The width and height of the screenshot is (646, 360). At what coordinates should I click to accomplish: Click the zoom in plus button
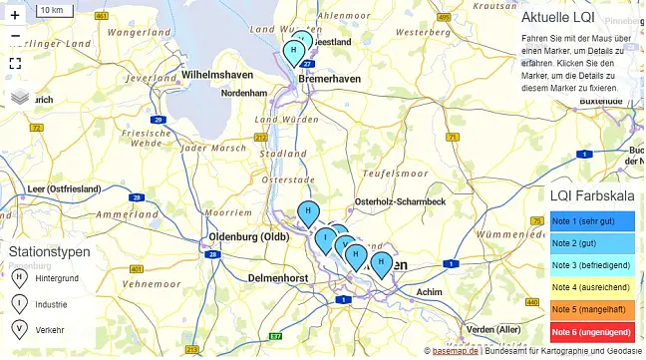[x=15, y=15]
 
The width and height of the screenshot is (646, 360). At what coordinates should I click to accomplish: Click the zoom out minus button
[x=15, y=37]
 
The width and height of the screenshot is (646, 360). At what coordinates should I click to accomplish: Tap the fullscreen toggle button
[x=15, y=63]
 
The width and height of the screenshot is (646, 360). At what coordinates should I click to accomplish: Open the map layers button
[x=20, y=97]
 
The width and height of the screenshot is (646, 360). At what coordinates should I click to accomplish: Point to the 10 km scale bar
[x=56, y=9]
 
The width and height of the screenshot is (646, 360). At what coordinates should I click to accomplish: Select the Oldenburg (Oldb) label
[x=248, y=237]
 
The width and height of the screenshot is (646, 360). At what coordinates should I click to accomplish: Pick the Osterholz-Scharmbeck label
[x=400, y=201]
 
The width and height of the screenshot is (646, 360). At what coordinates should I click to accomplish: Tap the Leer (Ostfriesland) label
[x=65, y=188]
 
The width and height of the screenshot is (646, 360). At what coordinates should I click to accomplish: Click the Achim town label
[x=429, y=292]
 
